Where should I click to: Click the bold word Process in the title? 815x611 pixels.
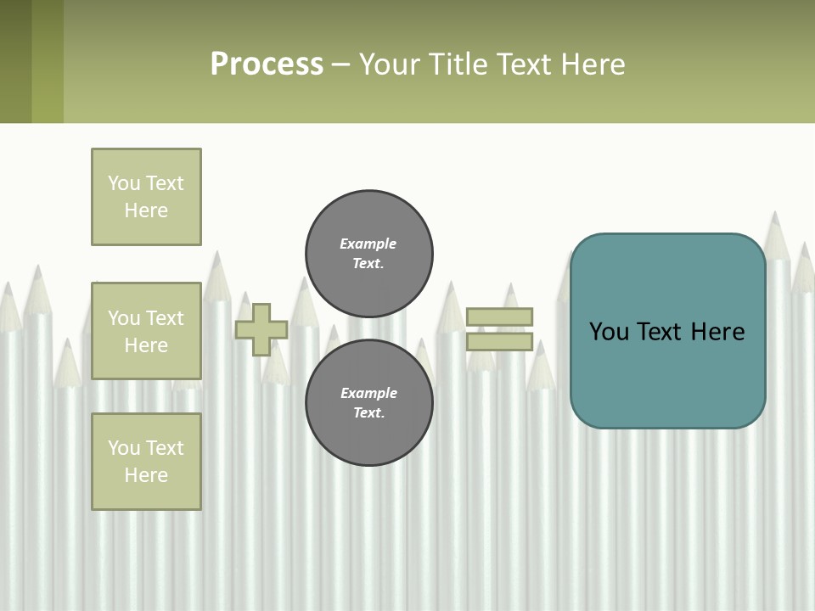tap(267, 64)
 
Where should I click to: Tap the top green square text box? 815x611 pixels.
tap(146, 197)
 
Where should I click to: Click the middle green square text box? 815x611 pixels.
tap(146, 331)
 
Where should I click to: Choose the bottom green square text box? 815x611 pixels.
tap(146, 462)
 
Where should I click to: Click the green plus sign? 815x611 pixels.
tap(261, 329)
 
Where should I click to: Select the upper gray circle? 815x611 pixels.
tap(368, 253)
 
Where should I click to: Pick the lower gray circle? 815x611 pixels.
tap(368, 402)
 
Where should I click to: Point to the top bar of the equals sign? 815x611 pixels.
tap(499, 317)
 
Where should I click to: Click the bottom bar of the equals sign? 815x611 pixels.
tap(499, 342)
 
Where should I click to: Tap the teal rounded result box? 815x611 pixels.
tap(667, 373)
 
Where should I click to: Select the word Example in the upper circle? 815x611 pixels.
tap(368, 244)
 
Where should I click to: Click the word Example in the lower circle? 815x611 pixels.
tap(368, 393)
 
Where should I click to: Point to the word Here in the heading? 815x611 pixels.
tap(594, 64)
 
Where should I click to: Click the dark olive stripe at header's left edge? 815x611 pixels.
tap(15, 61)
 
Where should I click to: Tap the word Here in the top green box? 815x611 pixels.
tap(146, 210)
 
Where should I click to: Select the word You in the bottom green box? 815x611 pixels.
tap(124, 447)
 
